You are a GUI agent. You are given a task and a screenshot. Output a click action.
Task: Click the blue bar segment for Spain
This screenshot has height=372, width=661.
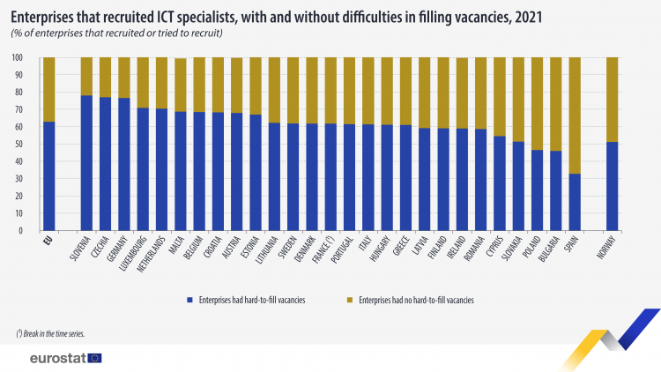click(x=575, y=202)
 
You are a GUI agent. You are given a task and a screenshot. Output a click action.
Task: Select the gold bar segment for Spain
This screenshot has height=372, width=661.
click(x=575, y=115)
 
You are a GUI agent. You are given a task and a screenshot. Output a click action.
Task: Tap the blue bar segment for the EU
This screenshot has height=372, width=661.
click(x=49, y=176)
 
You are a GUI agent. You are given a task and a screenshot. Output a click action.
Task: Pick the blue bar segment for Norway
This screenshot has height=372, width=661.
click(x=612, y=186)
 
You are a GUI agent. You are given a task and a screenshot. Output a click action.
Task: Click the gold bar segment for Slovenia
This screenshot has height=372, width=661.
click(x=86, y=76)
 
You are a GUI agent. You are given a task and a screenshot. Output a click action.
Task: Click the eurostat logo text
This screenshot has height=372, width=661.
click(x=56, y=358)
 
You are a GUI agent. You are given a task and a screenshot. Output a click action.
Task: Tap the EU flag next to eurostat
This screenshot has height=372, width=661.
click(x=94, y=358)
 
